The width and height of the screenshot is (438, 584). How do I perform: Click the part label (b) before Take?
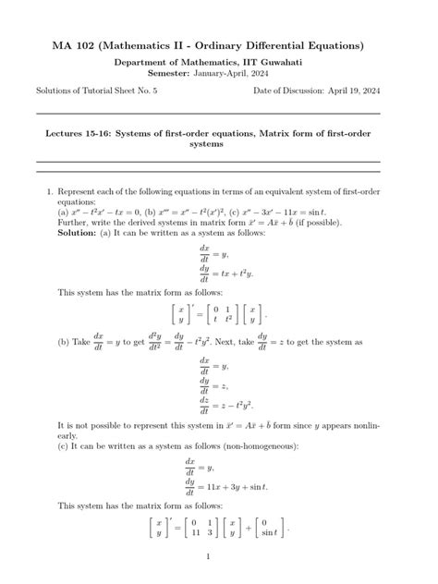point(63,342)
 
